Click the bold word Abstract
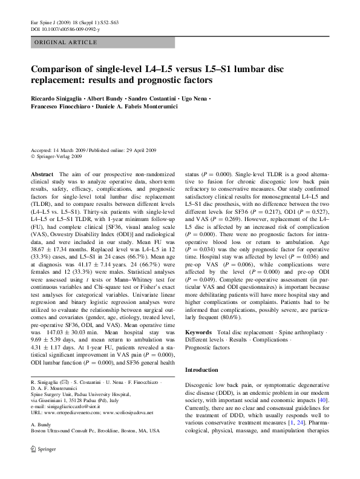41,174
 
